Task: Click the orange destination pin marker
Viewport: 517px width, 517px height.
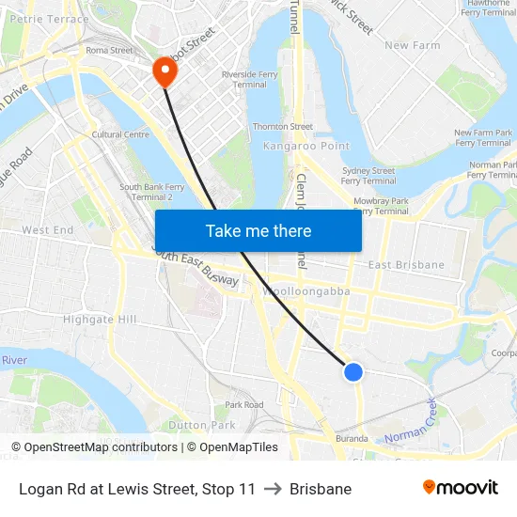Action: coord(164,70)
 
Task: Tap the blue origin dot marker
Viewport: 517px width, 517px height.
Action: coord(353,372)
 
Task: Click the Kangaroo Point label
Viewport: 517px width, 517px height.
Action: coord(306,147)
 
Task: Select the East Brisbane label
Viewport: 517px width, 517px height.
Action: coord(406,265)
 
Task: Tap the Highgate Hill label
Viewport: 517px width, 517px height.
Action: coord(100,320)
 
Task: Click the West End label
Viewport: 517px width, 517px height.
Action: coord(47,230)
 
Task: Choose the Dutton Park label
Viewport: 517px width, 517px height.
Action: coord(200,426)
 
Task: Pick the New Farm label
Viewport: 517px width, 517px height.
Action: coord(412,45)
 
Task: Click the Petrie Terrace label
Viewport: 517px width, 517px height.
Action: coord(50,19)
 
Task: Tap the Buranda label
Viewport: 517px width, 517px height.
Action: coord(352,438)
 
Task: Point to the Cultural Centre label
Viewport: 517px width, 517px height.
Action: coord(120,134)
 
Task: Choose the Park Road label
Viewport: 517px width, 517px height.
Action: coord(244,405)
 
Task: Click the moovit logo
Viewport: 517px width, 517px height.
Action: coord(461,488)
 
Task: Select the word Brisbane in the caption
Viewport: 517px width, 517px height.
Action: coord(321,489)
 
